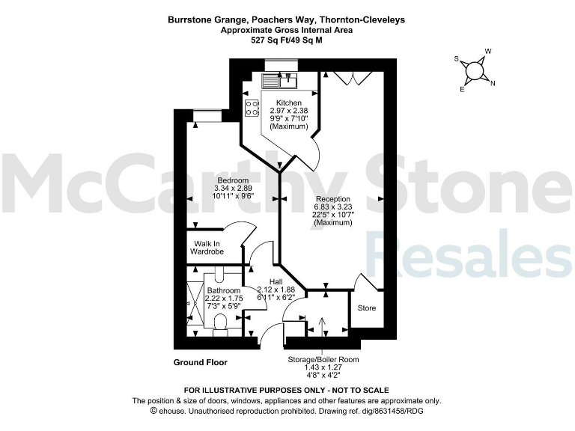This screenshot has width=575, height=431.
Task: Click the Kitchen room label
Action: click(x=289, y=103)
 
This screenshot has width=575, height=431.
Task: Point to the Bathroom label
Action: click(x=223, y=290)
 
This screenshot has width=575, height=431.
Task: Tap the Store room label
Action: click(x=367, y=308)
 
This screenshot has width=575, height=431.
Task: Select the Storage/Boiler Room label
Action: click(x=323, y=359)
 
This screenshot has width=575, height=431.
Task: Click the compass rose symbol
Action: click(x=474, y=71)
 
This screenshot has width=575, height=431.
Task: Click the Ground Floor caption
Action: click(x=201, y=362)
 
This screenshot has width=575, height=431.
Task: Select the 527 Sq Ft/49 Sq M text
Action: click(x=287, y=41)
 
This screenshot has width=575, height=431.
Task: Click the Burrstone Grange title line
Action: click(x=287, y=20)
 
